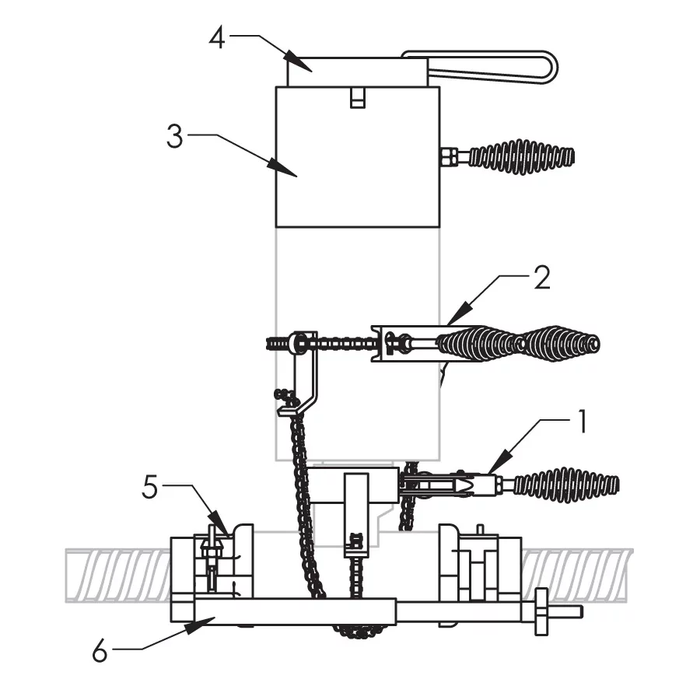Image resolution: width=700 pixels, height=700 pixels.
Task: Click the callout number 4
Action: pyautogui.click(x=218, y=37)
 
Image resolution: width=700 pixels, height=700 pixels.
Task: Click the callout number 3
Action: pyautogui.click(x=174, y=137)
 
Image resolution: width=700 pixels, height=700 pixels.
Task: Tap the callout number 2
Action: pyautogui.click(x=542, y=278)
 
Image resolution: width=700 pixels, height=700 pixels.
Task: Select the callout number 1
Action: pyautogui.click(x=582, y=422)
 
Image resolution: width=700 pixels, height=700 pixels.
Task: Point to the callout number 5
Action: pyautogui.click(x=150, y=487)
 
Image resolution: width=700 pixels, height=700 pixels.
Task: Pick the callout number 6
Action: pyautogui.click(x=100, y=651)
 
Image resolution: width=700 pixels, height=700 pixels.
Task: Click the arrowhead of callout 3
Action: pyautogui.click(x=282, y=168)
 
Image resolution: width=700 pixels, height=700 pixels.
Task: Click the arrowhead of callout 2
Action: pyautogui.click(x=460, y=313)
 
